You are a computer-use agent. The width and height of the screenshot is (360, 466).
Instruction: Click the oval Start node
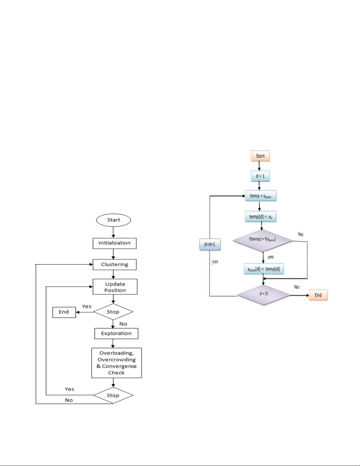[x=113, y=220]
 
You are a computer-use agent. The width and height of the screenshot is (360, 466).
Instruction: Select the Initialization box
[x=114, y=243]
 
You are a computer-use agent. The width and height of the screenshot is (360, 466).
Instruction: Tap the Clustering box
[x=114, y=264]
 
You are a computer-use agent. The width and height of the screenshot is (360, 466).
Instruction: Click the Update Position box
[x=115, y=287]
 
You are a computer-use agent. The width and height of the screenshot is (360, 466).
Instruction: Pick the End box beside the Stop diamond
[x=64, y=312]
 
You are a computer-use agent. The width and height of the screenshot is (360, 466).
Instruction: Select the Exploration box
[x=116, y=333]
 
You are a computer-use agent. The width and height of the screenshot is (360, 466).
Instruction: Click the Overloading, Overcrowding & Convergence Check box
[x=116, y=363]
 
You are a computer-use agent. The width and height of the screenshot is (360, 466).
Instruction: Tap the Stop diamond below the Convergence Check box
[x=113, y=395]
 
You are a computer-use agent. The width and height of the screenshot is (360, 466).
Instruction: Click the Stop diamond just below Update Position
[x=113, y=312]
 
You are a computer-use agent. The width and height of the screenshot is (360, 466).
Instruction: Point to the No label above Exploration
[x=123, y=324]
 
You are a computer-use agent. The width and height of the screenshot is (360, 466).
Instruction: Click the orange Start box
[x=260, y=156]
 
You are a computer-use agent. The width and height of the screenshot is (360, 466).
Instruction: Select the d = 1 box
[x=260, y=176]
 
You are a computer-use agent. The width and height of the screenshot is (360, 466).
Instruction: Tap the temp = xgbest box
[x=260, y=196]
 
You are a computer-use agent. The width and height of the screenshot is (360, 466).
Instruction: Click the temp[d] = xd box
[x=261, y=217]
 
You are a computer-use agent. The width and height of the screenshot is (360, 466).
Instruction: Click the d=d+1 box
[x=210, y=244]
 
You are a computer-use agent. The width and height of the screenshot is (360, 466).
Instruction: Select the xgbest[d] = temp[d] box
[x=264, y=269]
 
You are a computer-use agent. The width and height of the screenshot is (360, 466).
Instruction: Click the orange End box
[x=318, y=295]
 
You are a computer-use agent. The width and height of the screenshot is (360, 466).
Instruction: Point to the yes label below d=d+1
[x=215, y=261]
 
